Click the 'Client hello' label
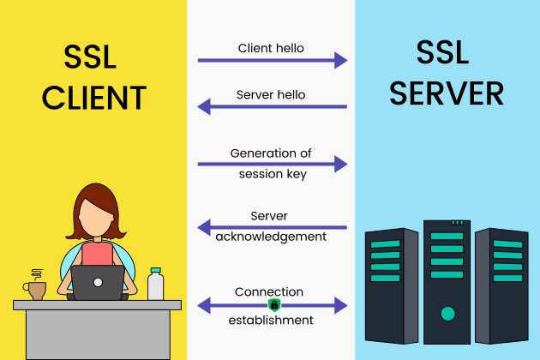272,48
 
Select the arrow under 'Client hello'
273,60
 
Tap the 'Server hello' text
271,94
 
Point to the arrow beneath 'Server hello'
273,107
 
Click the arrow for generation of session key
273,164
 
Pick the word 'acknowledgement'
272,236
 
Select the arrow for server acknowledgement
273,227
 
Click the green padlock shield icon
274,305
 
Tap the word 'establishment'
271,320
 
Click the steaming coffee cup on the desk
36,287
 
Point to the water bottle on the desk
155,284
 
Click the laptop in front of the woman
97,282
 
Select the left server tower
391,283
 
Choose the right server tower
501,283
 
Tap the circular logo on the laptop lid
97,282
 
